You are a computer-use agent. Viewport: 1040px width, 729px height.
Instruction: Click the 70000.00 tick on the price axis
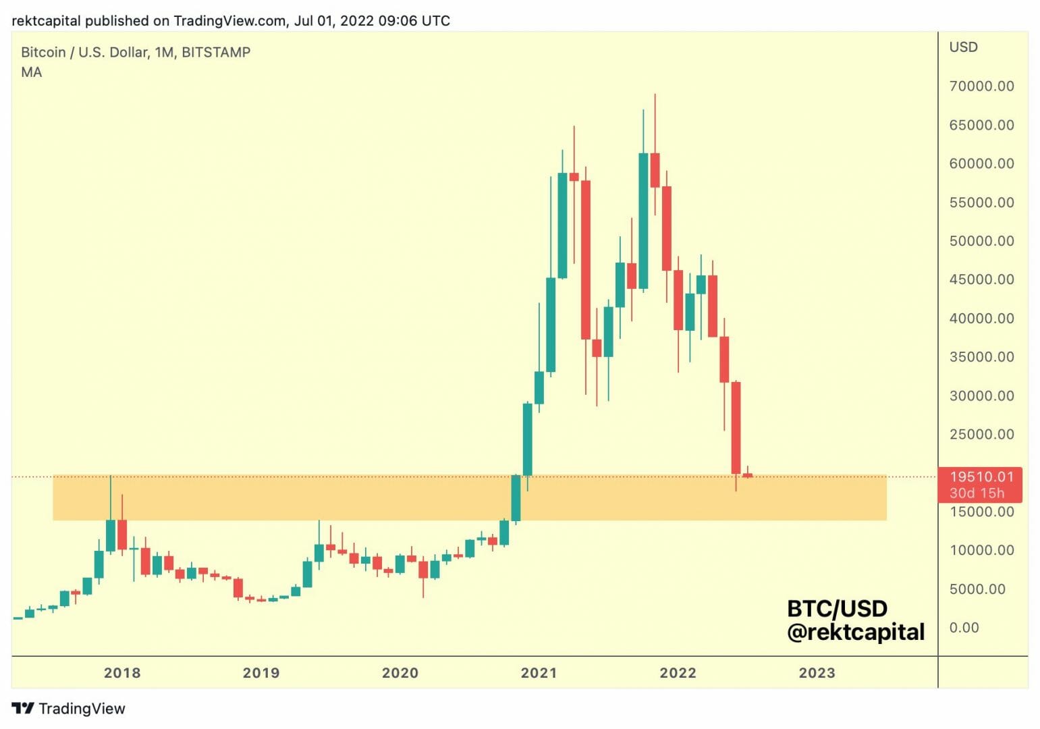click(x=981, y=86)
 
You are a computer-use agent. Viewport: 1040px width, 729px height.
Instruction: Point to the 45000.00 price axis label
click(x=981, y=279)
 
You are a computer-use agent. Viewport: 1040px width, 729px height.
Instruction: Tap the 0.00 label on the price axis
click(x=964, y=628)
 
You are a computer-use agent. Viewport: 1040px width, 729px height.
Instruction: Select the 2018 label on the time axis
click(x=122, y=673)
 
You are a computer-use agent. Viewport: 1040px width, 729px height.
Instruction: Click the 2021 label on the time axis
click(x=539, y=673)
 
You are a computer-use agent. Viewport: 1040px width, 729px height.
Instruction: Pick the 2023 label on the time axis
click(x=817, y=673)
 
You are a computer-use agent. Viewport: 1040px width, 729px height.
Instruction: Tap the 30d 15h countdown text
click(x=977, y=493)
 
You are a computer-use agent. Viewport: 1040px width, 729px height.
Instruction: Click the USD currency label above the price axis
click(x=963, y=47)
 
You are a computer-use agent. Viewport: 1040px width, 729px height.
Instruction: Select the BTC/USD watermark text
click(x=837, y=609)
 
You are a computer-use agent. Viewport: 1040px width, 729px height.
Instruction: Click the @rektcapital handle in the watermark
click(x=855, y=632)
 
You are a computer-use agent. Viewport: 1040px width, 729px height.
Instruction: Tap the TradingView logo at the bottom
click(x=68, y=708)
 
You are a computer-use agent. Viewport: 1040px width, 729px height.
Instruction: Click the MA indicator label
click(x=31, y=72)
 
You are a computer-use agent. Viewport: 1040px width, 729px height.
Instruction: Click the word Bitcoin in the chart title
click(x=43, y=52)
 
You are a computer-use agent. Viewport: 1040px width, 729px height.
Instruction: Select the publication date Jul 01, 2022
click(x=333, y=21)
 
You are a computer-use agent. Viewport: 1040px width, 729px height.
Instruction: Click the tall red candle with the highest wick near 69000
click(x=655, y=169)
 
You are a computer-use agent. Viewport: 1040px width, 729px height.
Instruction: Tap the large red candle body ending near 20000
click(x=736, y=427)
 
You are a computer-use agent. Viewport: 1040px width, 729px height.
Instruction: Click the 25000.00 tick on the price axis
click(x=981, y=434)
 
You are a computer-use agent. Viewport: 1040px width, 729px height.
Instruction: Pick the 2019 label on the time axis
click(x=261, y=673)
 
